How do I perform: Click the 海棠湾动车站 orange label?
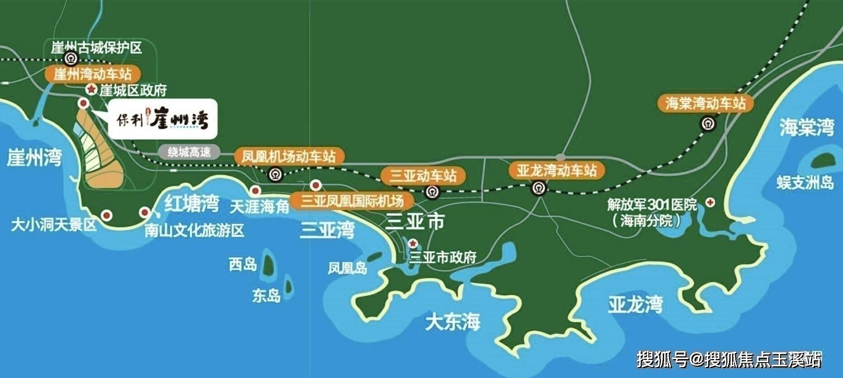coord(705,104)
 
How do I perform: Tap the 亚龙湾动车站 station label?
coord(557,171)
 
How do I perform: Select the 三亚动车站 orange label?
coord(424,176)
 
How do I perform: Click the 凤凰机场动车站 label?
coord(289,157)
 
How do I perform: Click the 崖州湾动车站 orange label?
coord(92,74)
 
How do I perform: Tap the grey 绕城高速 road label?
coord(189,152)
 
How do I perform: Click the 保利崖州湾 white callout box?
coord(162,118)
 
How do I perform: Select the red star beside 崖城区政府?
coord(92,90)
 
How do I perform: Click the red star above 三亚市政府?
coord(413,244)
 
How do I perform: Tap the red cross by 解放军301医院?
coord(710,203)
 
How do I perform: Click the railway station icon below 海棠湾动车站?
coord(707,124)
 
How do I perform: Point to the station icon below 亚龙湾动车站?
coord(538,187)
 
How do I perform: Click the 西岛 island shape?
coord(268,264)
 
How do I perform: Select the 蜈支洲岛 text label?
coord(805,182)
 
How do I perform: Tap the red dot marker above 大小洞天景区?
coord(106,215)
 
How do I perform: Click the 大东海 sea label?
coord(452,323)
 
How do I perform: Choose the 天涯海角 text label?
coord(259,207)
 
